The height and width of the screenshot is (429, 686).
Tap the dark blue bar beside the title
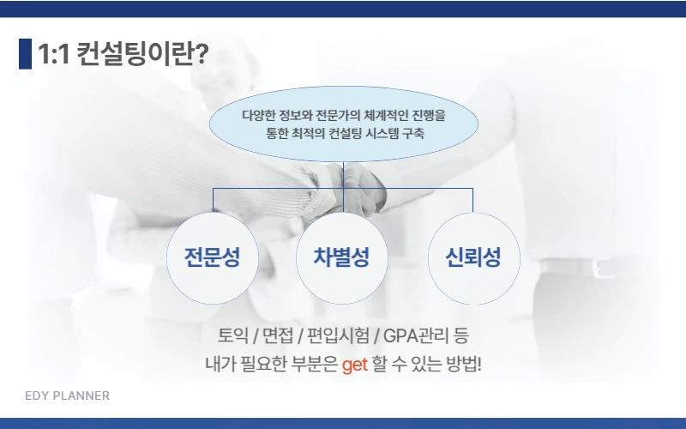click(x=25, y=54)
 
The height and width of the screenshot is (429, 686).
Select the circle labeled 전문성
click(x=213, y=258)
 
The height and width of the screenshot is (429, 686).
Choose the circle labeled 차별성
click(x=342, y=258)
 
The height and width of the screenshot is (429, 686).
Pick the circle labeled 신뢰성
click(x=472, y=258)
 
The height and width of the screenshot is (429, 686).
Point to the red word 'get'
click(x=354, y=364)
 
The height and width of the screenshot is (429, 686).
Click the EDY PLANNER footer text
click(x=67, y=396)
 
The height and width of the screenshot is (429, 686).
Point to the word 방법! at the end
click(x=462, y=364)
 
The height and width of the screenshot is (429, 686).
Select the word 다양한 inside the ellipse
click(x=260, y=114)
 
